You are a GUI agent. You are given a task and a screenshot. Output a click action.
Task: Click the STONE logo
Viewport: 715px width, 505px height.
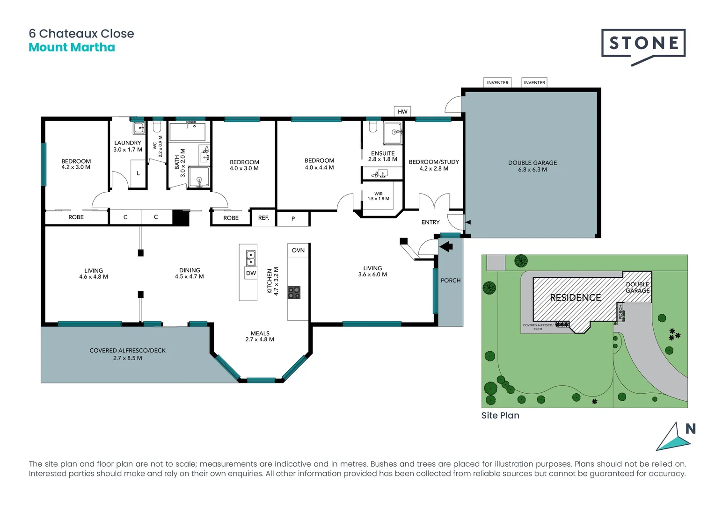click(x=643, y=44)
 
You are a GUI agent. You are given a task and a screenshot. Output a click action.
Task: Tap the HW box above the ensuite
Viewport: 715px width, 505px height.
click(x=402, y=111)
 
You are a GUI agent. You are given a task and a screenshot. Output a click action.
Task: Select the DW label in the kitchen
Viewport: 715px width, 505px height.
click(x=251, y=273)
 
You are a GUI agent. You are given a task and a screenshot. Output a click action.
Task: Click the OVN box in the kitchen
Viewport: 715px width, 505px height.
click(x=298, y=250)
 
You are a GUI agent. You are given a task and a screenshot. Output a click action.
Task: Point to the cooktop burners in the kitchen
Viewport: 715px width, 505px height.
click(x=294, y=293)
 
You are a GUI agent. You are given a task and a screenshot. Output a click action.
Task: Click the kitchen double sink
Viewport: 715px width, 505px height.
click(x=251, y=258)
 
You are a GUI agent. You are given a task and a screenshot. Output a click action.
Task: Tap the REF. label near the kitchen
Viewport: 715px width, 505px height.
click(x=263, y=218)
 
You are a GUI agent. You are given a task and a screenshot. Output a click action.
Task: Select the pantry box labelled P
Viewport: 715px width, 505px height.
click(x=293, y=218)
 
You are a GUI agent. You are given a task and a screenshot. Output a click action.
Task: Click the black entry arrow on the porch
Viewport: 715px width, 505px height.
click(x=446, y=246)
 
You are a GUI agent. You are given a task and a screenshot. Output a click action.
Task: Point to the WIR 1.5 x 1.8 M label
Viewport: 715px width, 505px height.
click(x=378, y=196)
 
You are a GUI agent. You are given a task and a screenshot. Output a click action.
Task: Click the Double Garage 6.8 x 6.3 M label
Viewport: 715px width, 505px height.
click(x=533, y=166)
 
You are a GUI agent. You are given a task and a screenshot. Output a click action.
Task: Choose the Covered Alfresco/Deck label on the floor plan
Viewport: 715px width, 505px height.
click(x=128, y=354)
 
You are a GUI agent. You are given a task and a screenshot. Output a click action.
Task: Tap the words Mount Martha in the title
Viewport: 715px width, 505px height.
click(x=72, y=47)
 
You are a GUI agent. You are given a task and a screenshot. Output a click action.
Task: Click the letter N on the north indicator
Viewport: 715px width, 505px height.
click(x=690, y=429)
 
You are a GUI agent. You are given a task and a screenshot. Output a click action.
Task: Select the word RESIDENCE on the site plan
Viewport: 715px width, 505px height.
click(x=575, y=297)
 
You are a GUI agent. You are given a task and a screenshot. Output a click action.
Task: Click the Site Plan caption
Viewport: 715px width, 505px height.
click(x=500, y=415)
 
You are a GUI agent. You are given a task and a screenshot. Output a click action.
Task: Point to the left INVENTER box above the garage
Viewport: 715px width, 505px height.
click(x=497, y=83)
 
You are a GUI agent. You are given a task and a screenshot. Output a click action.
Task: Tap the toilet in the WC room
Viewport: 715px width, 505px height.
click(x=157, y=127)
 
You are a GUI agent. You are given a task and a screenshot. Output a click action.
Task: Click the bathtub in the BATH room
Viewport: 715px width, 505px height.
click(x=187, y=132)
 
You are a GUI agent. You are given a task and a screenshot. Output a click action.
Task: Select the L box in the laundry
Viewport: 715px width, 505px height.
click(x=138, y=173)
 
